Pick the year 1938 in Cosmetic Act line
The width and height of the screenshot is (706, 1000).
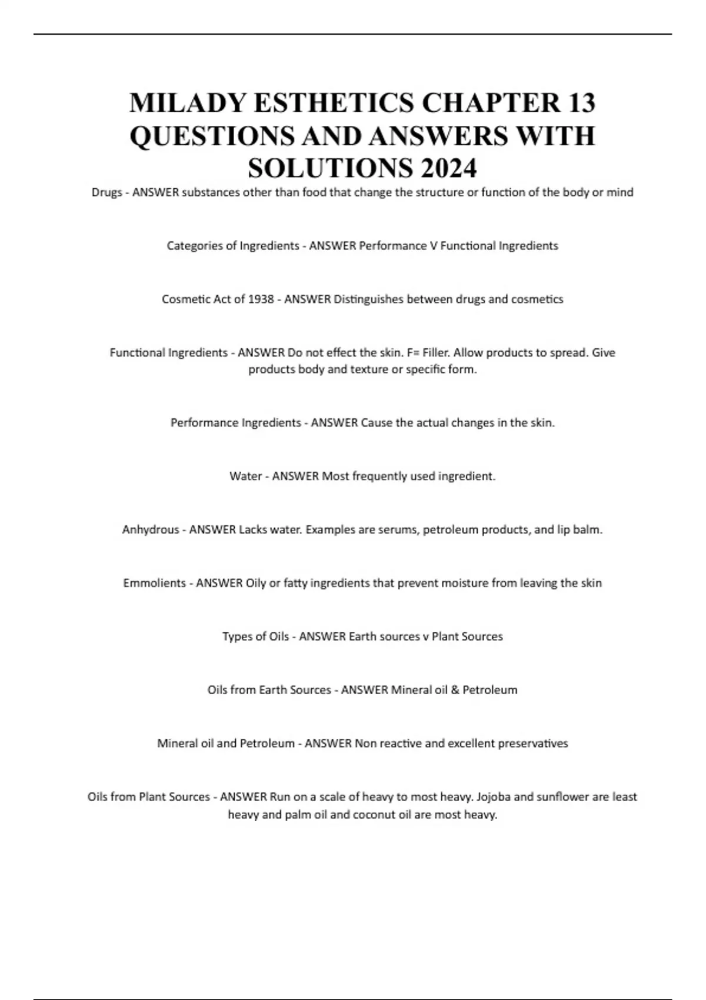pos(261,299)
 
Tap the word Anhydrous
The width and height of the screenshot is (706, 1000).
pos(150,529)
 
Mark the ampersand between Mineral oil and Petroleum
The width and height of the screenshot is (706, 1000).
pos(455,689)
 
